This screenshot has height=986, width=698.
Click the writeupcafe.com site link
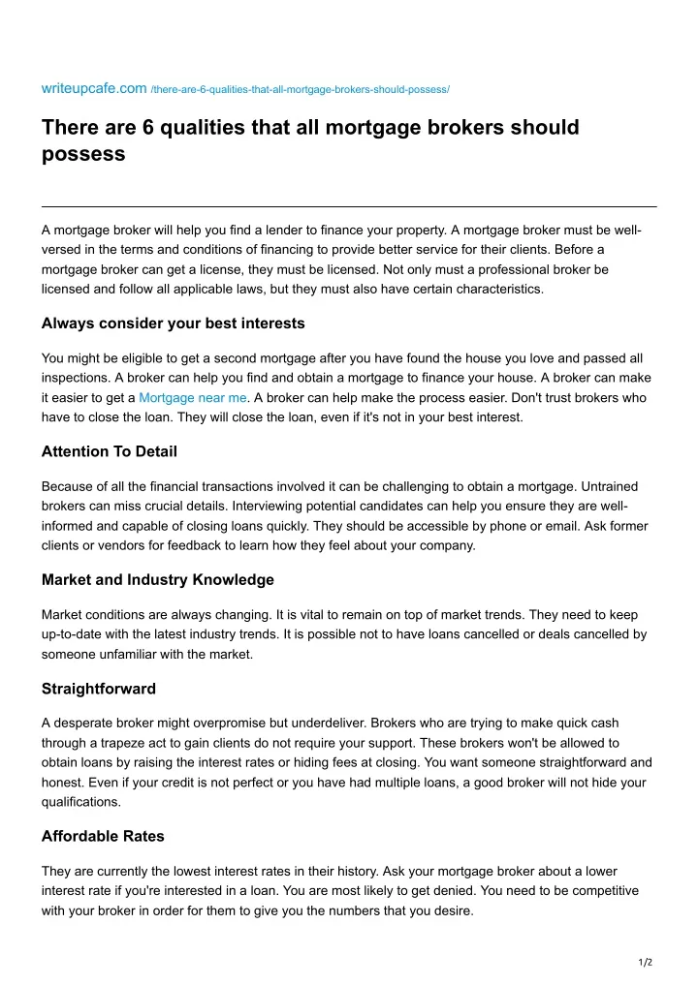(94, 89)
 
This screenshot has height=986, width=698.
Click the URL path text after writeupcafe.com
(300, 90)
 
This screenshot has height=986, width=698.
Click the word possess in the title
(83, 153)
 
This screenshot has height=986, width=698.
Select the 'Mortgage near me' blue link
(193, 397)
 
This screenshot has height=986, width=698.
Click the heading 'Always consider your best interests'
(174, 323)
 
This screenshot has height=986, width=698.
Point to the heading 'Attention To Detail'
(110, 450)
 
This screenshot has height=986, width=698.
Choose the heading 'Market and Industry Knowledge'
(158, 579)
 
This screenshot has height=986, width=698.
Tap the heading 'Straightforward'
(99, 689)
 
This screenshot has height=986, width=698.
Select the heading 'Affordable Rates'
(103, 836)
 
